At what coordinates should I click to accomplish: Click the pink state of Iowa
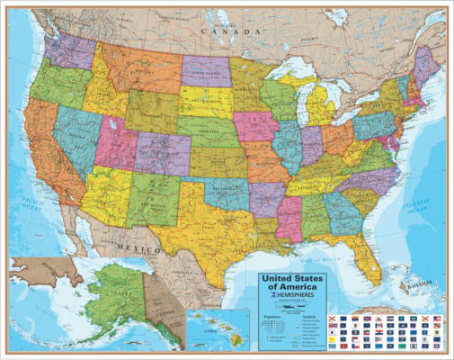tap(256, 126)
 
